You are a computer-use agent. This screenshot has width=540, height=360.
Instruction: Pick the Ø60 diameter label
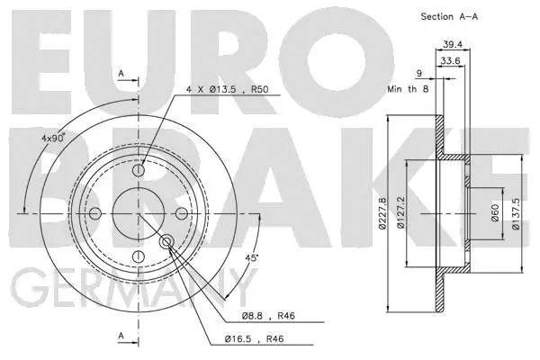click(x=494, y=212)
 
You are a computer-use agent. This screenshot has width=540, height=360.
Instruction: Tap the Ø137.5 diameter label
click(x=516, y=213)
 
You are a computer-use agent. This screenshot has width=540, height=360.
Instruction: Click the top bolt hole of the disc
click(x=138, y=170)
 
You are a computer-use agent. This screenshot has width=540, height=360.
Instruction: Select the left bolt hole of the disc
click(x=94, y=213)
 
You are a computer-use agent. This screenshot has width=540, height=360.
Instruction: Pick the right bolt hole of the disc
click(x=181, y=213)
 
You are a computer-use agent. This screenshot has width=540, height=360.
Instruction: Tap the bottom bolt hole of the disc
click(x=138, y=256)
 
